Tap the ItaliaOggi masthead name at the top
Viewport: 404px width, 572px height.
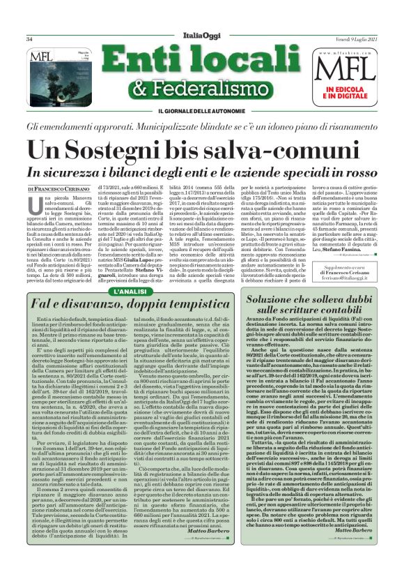point(202,20)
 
